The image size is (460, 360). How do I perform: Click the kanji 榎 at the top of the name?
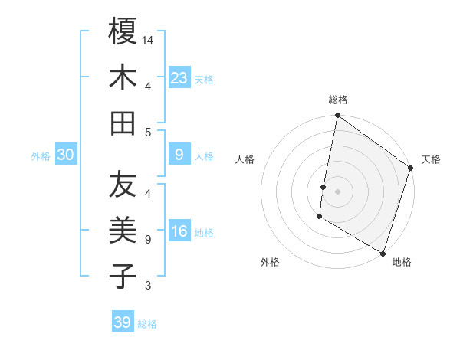point(123,31)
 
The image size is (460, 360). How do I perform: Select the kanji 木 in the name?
point(123,77)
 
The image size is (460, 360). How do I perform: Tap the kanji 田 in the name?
point(123,123)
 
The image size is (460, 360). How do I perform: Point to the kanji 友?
point(123,185)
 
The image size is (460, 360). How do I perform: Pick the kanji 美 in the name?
point(123,231)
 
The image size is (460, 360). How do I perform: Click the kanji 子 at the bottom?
point(123,277)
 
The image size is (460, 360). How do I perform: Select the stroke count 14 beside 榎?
point(149,40)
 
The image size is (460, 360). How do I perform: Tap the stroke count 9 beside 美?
point(147,240)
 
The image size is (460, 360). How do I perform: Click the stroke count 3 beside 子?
point(147,286)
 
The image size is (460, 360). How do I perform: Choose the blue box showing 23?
point(179,77)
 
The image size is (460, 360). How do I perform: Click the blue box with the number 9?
point(179,155)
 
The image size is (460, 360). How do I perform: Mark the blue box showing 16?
point(179,232)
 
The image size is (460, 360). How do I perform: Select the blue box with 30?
point(65,155)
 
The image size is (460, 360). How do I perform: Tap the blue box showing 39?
point(123,322)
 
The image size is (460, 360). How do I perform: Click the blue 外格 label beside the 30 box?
point(41,156)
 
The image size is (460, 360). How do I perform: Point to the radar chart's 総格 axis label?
point(338,100)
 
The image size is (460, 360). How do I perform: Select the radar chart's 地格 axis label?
point(402,262)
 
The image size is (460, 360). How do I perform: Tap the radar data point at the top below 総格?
point(337,116)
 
